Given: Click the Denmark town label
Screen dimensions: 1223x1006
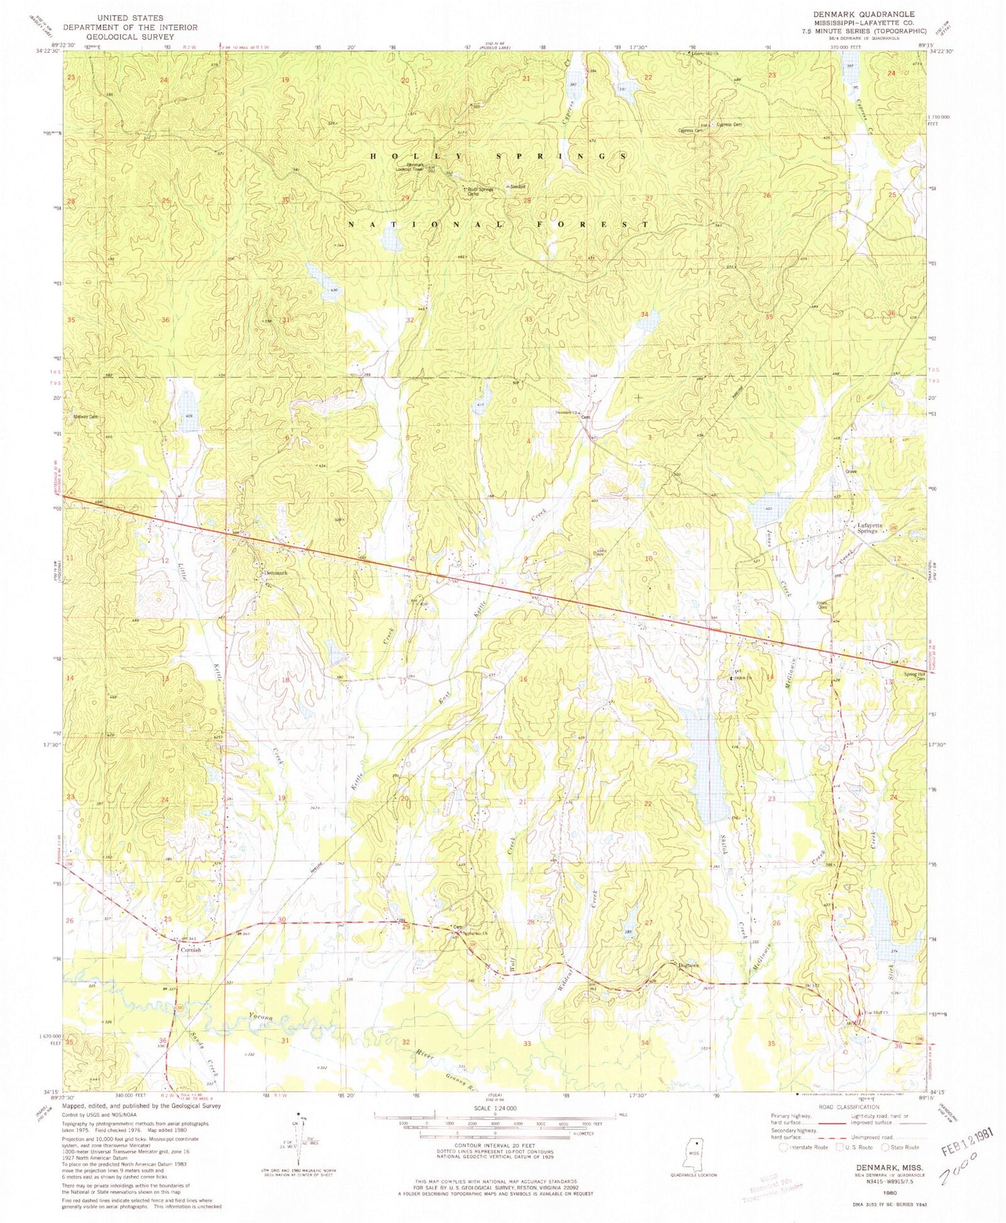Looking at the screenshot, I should click(274, 573).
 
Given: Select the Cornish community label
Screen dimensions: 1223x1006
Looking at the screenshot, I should click(189, 950).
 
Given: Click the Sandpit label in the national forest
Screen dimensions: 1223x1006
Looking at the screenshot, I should click(517, 187).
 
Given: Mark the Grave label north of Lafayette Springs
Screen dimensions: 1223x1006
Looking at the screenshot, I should click(852, 471).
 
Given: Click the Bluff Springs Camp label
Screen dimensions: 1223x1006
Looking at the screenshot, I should click(478, 191).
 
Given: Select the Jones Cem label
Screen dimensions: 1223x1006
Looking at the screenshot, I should click(820, 604).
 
